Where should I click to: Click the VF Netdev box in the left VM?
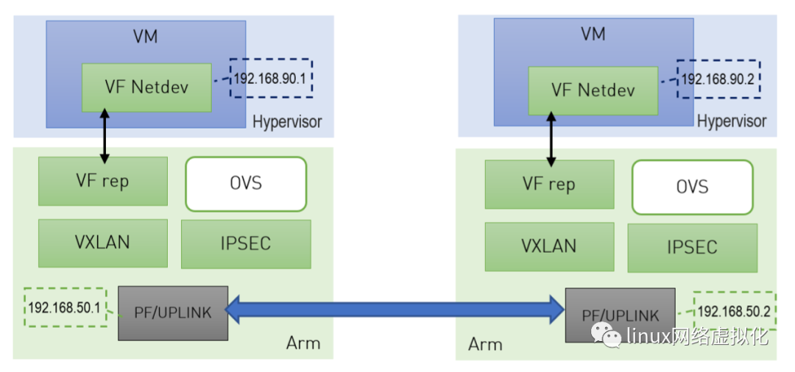[x=146, y=87]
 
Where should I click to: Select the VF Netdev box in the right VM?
[x=593, y=91]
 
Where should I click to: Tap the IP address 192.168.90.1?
[x=269, y=79]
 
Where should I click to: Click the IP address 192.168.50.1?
[x=64, y=307]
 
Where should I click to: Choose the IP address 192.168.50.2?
[x=733, y=312]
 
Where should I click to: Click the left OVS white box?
[x=245, y=183]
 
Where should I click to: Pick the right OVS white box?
[x=692, y=187]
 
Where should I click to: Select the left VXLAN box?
[x=102, y=242]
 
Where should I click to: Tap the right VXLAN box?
[x=549, y=246]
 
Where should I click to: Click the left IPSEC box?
[x=245, y=243]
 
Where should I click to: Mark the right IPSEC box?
[x=692, y=248]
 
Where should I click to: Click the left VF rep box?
[x=102, y=181]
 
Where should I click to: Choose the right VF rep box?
[x=549, y=185]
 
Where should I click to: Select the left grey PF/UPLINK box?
[x=173, y=312]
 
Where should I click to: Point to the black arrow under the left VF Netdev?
[x=105, y=136]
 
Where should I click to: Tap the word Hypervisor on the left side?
[x=287, y=121]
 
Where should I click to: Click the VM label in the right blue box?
[x=593, y=34]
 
